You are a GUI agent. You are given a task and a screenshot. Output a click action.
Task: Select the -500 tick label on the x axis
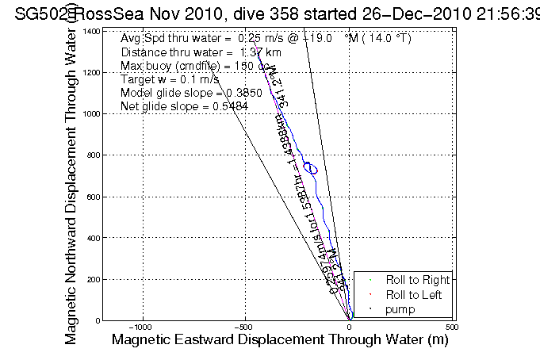(x=246, y=327)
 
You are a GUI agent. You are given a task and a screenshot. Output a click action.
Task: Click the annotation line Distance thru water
(x=190, y=52)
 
